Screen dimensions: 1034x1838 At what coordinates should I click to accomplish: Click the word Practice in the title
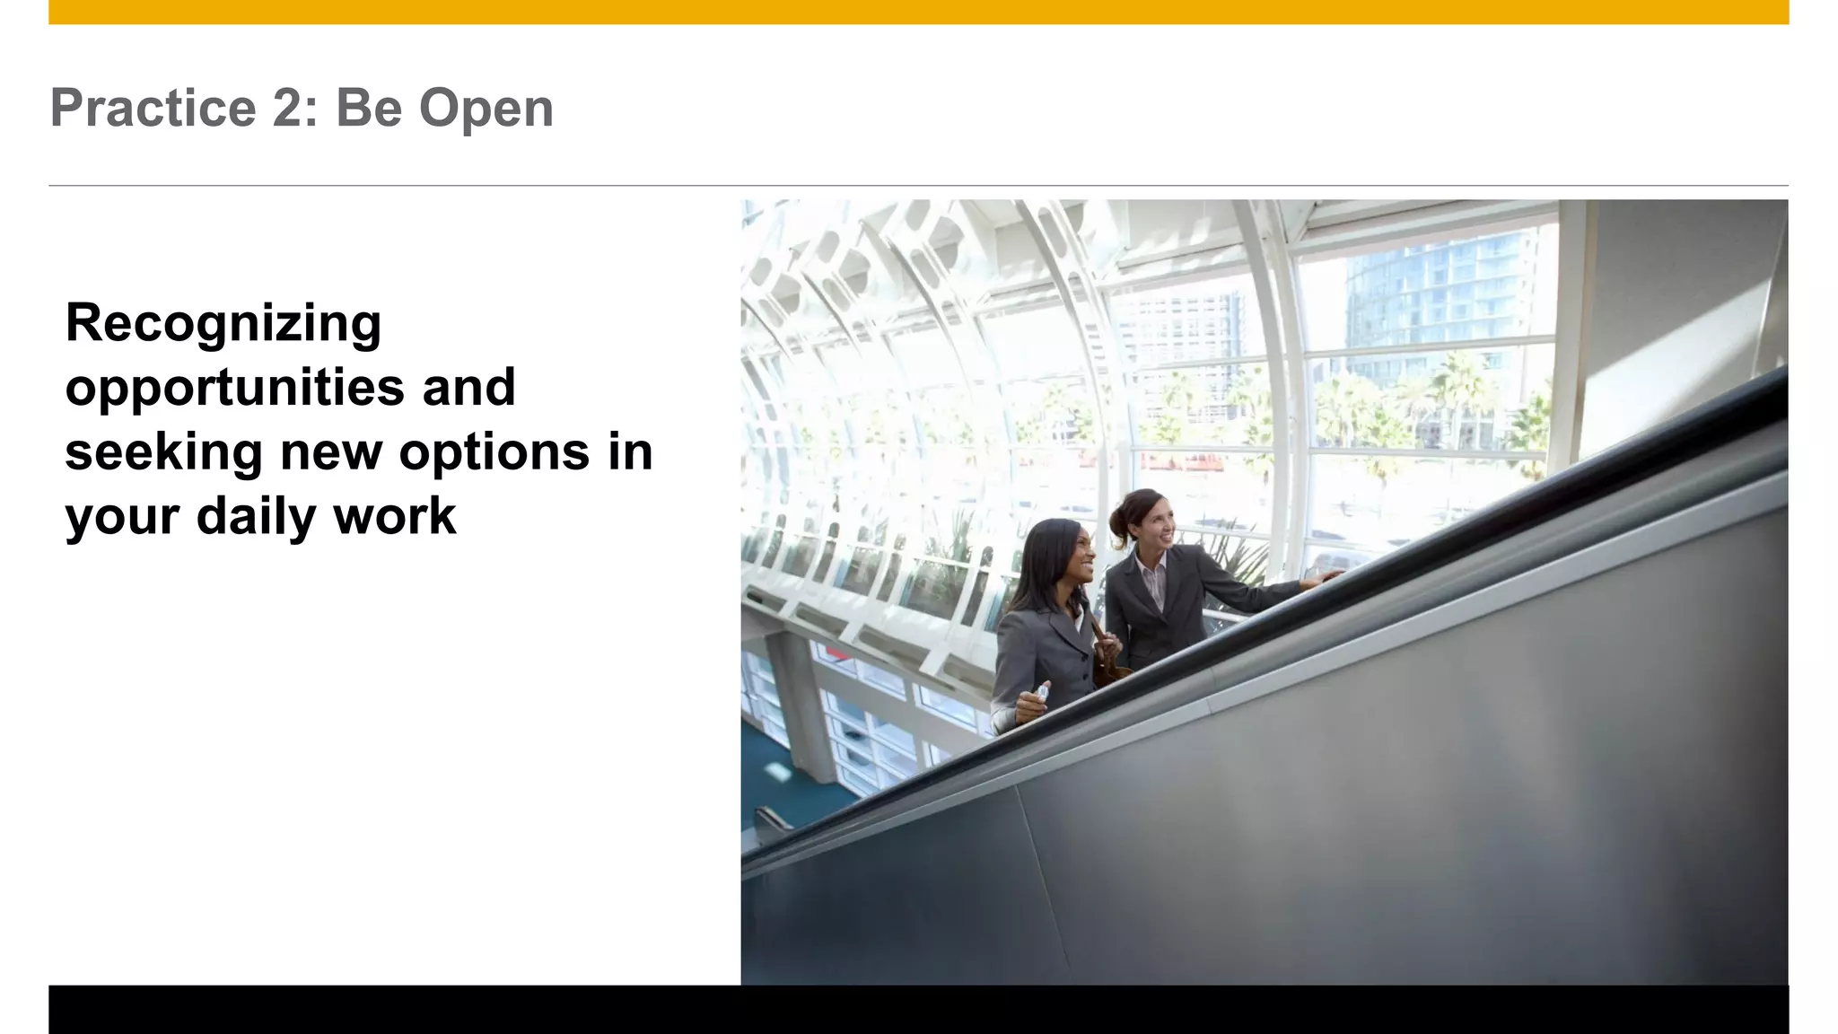point(153,109)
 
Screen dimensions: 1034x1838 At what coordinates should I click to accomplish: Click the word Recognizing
point(223,324)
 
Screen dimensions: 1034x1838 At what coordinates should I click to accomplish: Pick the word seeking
point(163,452)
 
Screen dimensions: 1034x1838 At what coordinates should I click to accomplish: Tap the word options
point(495,452)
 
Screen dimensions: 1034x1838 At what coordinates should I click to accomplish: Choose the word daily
point(255,517)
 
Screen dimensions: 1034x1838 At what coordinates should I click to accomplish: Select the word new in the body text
point(331,452)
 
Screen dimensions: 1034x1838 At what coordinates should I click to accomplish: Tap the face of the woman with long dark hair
point(1074,556)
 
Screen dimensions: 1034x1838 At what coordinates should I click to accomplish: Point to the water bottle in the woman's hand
point(1041,693)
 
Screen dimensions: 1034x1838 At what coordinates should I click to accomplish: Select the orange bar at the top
point(918,12)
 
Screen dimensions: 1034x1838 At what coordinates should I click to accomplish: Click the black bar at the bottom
point(918,1009)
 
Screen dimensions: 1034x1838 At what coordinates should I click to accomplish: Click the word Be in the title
point(369,109)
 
